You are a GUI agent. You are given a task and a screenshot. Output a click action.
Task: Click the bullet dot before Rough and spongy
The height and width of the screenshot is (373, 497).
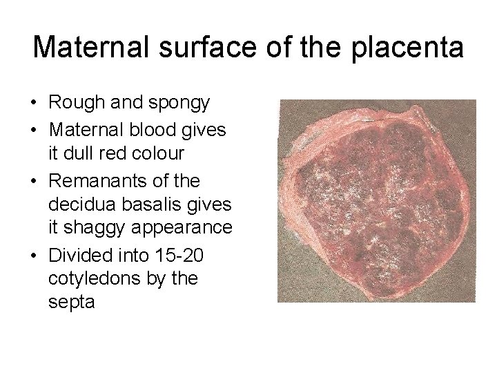33,104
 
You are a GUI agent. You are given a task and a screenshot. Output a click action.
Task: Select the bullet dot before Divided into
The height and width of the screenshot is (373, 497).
33,256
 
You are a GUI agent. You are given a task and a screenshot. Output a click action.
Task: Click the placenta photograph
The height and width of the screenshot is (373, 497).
377,200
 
